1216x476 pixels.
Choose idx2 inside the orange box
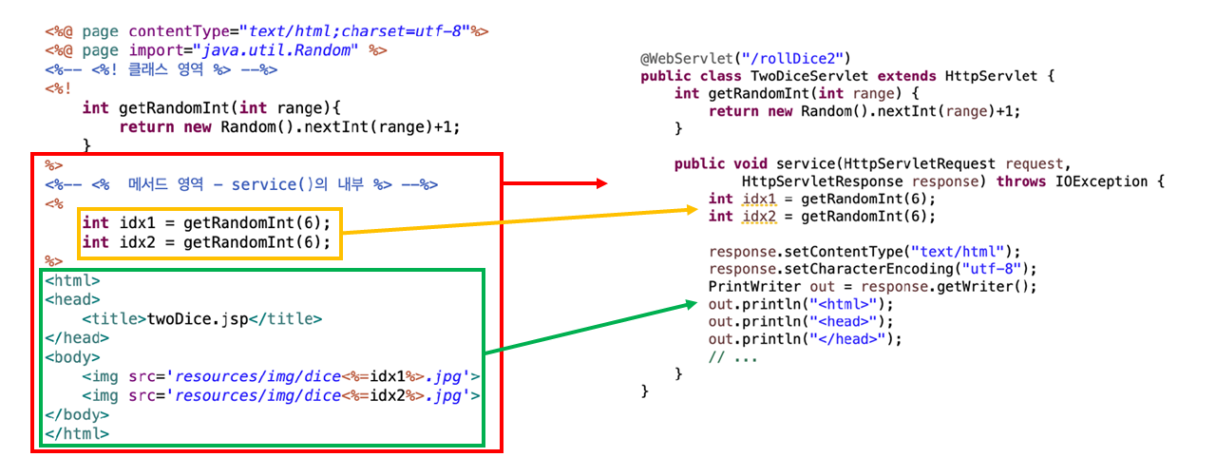136,242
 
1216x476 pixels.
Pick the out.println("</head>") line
805,339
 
